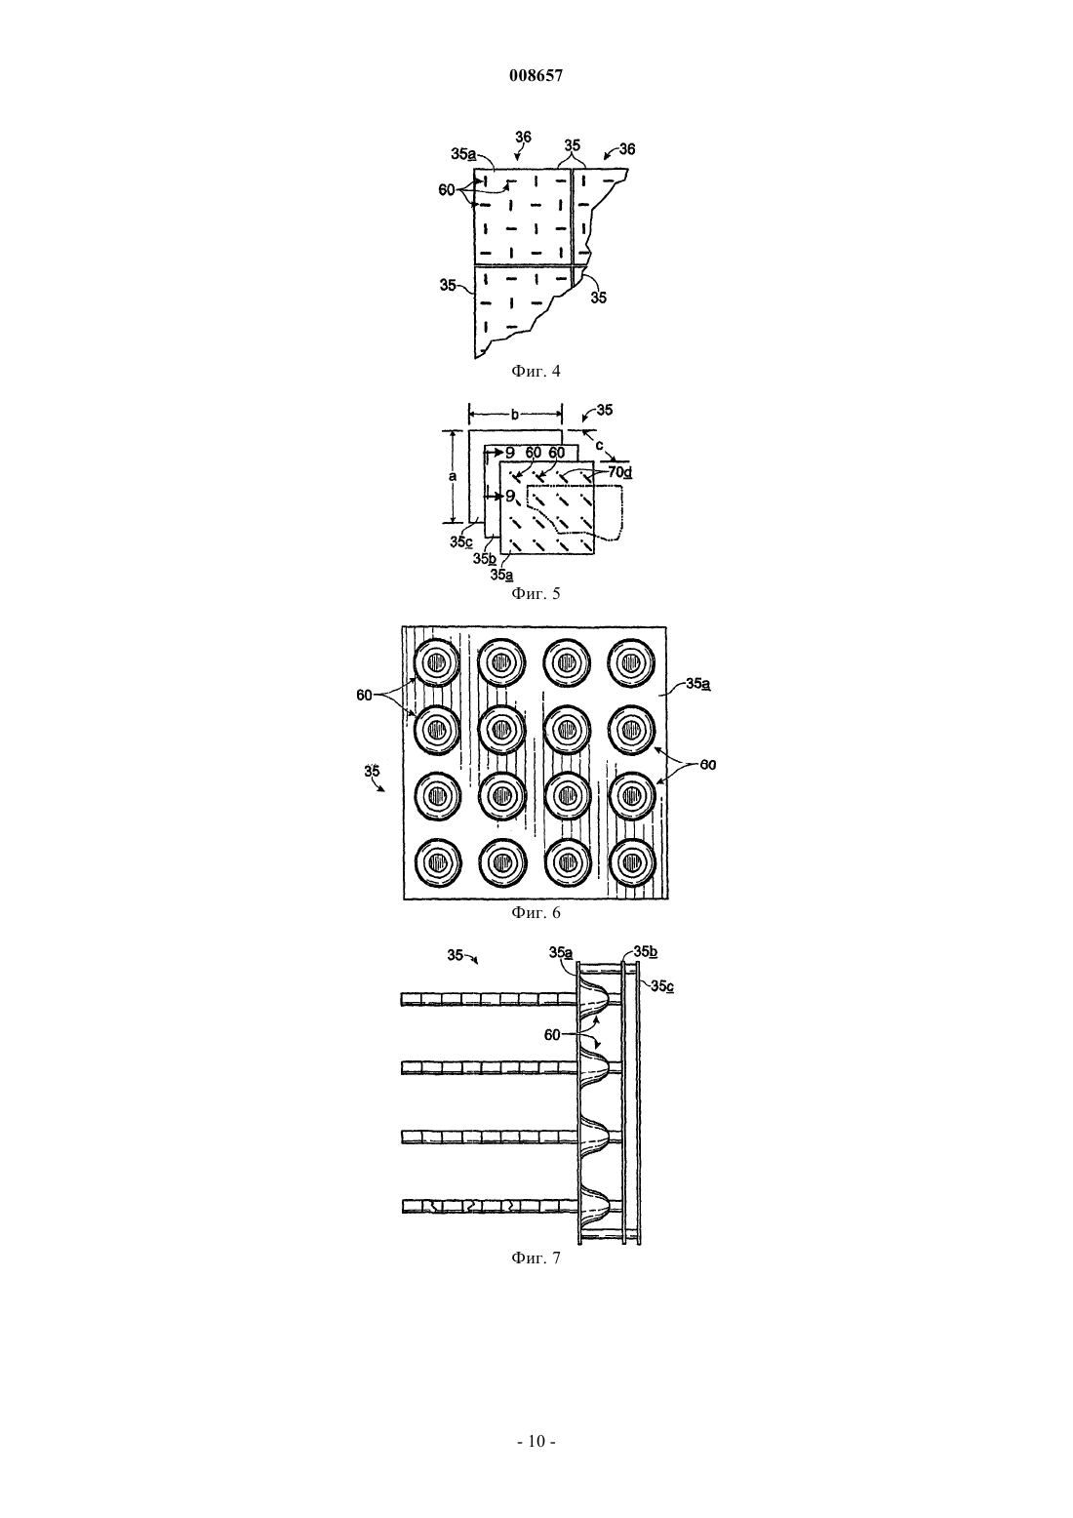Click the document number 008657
[536, 76]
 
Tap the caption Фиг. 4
[536, 371]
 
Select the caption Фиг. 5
[536, 594]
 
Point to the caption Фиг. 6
[536, 912]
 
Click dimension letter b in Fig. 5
[515, 414]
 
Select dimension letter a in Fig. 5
[454, 476]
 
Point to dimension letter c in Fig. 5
[600, 445]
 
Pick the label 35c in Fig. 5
[461, 542]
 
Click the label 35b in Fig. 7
[646, 952]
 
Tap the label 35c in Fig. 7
[662, 986]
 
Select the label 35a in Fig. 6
[697, 684]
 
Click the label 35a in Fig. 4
[463, 154]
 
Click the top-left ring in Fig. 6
[436, 661]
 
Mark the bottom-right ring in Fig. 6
[632, 862]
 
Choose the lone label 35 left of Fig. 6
[372, 771]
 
